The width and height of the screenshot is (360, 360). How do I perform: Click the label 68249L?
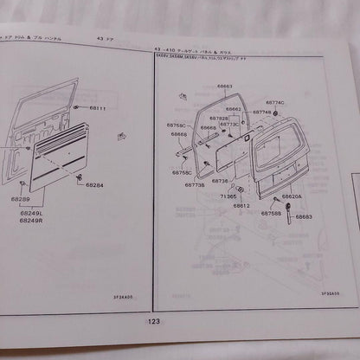[30, 212]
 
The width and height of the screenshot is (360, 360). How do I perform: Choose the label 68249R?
[30, 220]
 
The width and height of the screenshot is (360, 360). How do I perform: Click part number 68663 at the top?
[226, 87]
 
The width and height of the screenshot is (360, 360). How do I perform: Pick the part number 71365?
[228, 196]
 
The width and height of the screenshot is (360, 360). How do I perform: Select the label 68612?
[241, 206]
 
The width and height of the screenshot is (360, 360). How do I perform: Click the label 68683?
[303, 216]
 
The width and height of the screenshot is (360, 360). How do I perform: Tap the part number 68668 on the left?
[180, 134]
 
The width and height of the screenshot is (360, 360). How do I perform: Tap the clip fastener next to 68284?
[80, 177]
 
